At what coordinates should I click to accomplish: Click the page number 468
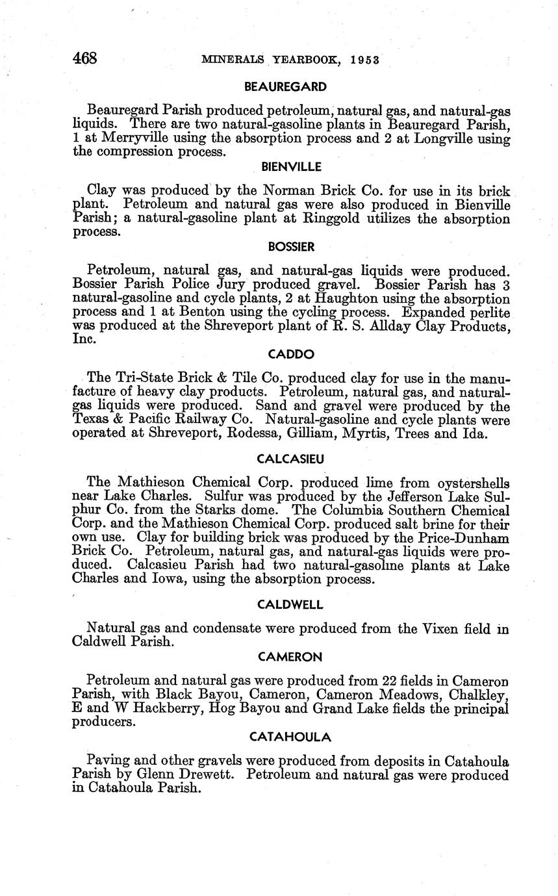pos(84,58)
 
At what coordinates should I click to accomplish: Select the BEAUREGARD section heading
pos(285,86)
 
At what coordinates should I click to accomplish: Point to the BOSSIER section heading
pos(291,247)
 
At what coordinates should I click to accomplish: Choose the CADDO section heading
pos(290,354)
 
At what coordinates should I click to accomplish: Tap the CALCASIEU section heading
pos(290,459)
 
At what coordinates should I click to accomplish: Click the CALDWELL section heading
pos(290,604)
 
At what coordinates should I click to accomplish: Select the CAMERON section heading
pos(290,657)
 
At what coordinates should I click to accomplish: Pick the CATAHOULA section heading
pos(290,737)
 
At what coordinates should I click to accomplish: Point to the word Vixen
pos(445,629)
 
